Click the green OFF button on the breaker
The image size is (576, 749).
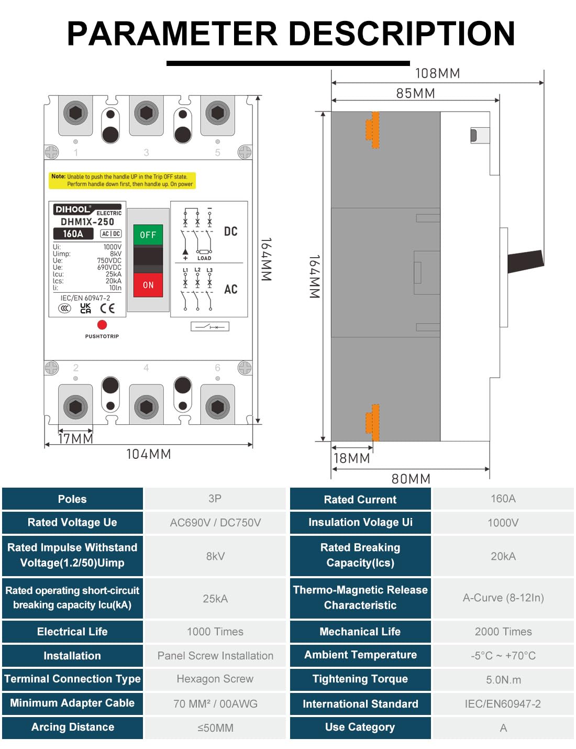148,235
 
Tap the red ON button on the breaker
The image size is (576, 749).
148,285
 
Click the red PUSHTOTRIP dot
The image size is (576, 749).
102,325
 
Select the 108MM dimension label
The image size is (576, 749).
437,73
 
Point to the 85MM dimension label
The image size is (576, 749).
415,93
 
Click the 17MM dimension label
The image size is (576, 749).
75,438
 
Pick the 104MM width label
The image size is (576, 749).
148,454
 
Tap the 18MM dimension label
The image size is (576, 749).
352,458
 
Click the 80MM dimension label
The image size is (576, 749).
411,479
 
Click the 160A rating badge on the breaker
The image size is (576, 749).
73,234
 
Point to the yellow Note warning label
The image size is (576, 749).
123,180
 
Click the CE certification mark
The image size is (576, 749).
107,309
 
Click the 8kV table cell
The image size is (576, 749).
215,556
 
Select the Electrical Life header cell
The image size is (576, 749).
72,632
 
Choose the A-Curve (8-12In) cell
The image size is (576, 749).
503,598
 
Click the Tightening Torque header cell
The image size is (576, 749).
360,679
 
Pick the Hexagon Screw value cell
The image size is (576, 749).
215,679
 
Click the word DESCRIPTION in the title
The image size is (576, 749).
402,34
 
